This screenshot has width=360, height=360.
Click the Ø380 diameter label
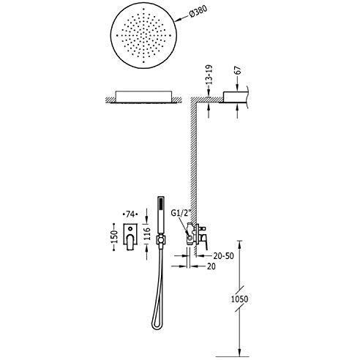tap(198, 12)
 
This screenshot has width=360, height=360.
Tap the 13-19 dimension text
tap(209, 75)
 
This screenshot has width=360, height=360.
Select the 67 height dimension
tap(238, 70)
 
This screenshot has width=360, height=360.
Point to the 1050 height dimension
tap(239, 299)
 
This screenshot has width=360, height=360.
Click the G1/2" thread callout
tap(181, 213)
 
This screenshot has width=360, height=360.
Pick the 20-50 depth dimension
tap(223, 256)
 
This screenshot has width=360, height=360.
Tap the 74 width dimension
tap(130, 214)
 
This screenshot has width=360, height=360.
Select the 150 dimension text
tap(114, 236)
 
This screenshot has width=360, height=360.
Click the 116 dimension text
tap(147, 233)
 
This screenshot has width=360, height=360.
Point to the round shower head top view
tap(143, 36)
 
